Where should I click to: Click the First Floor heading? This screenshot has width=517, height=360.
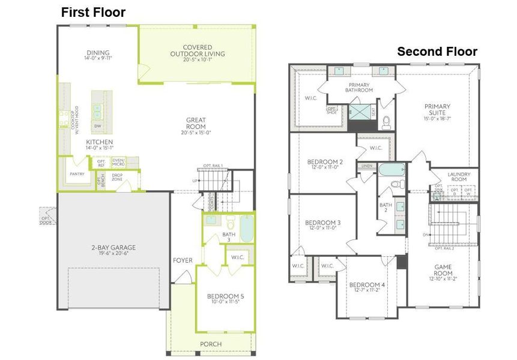(x=93, y=12)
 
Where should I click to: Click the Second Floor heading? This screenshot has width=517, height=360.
(x=437, y=52)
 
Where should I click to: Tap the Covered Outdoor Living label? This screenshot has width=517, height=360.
(x=197, y=50)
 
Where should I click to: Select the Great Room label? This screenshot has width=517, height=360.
(x=196, y=123)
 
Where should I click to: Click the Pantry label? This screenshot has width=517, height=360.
(x=77, y=174)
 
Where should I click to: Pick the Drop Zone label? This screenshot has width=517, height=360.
(x=117, y=178)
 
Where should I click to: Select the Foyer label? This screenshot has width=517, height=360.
(x=183, y=260)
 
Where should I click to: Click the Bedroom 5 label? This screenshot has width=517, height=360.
(x=225, y=296)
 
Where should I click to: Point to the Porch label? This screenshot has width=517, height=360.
(x=211, y=344)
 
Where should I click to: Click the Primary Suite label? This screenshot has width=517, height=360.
(x=437, y=110)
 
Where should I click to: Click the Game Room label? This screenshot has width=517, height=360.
(x=443, y=269)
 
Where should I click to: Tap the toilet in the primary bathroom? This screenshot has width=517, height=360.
(x=387, y=122)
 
